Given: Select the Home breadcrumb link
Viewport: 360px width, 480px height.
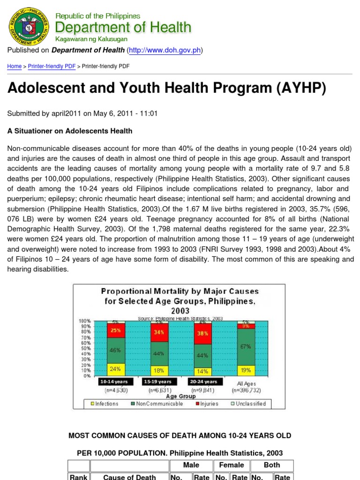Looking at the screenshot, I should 14,67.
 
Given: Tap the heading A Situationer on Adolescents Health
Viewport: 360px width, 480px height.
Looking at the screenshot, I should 70,131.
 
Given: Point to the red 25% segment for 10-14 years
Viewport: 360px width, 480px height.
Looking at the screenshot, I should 115,330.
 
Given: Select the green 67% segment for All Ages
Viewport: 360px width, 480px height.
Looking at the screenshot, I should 246,347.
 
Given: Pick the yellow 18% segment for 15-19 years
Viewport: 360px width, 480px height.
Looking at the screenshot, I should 159,370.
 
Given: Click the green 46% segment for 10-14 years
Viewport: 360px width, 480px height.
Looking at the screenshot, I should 115,350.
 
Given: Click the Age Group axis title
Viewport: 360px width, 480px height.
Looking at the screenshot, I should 180,396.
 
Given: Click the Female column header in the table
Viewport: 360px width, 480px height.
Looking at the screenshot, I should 232,465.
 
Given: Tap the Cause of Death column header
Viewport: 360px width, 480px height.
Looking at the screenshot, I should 129,477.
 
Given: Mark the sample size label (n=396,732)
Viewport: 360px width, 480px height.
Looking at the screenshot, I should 246,390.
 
